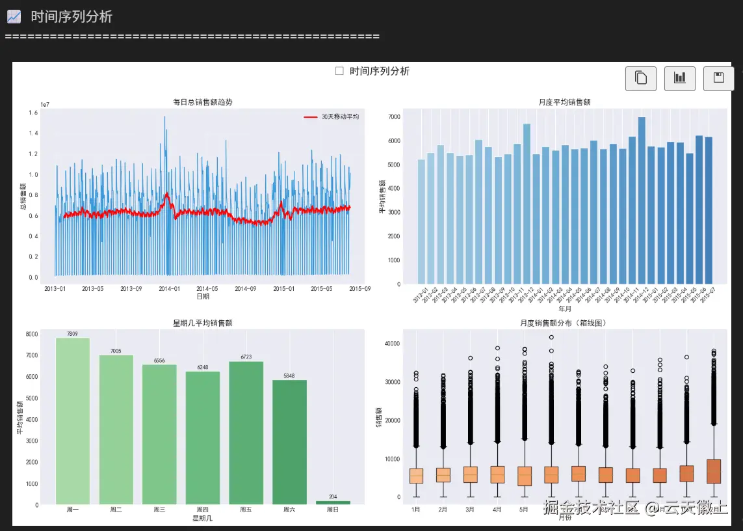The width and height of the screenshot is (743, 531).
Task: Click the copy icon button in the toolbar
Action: pyautogui.click(x=640, y=79)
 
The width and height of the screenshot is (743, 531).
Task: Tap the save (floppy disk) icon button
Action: pyautogui.click(x=718, y=79)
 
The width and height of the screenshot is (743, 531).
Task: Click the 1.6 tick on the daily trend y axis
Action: pyautogui.click(x=33, y=113)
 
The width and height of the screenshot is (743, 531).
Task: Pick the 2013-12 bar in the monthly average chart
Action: pyautogui.click(x=527, y=204)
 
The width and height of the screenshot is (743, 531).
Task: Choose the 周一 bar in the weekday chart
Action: pyautogui.click(x=73, y=420)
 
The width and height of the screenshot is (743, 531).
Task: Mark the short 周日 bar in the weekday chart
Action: pyautogui.click(x=333, y=502)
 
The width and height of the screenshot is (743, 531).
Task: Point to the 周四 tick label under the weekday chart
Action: pyautogui.click(x=202, y=510)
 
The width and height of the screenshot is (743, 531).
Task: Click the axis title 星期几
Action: pyautogui.click(x=202, y=519)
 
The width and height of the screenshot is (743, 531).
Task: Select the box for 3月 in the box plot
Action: pyautogui.click(x=470, y=474)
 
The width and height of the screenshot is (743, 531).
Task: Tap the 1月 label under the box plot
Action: pyautogui.click(x=416, y=510)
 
